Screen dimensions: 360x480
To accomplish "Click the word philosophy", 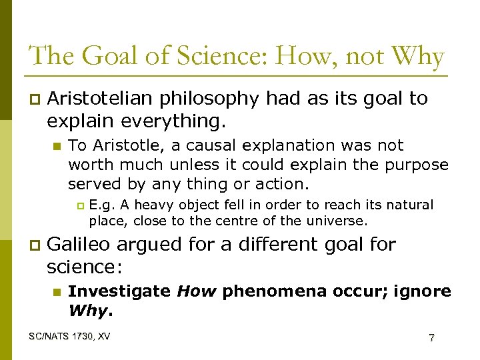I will click(x=215, y=99).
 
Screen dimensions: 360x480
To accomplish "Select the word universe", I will click(x=337, y=220).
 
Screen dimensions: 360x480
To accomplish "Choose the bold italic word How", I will click(x=196, y=291).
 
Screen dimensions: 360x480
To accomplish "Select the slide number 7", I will click(x=432, y=338).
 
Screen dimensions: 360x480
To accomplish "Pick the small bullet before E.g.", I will click(x=81, y=206).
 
